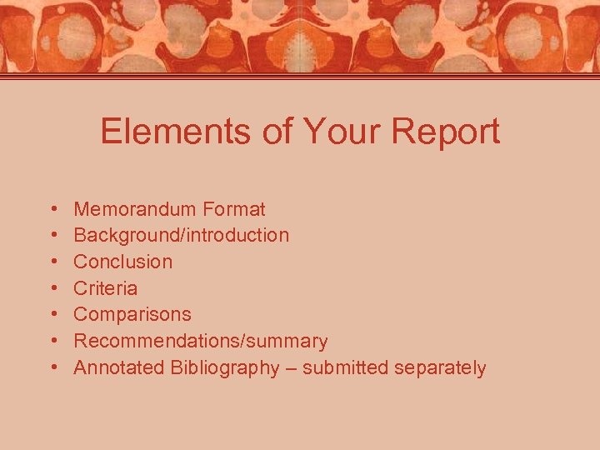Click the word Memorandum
(132, 208)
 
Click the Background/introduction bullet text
(182, 235)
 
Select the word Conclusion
(123, 262)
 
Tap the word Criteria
(106, 288)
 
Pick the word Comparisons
(132, 315)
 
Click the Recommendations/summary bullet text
(201, 342)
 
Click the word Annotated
(118, 368)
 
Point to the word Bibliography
(225, 368)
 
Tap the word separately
(440, 368)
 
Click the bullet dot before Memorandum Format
(52, 209)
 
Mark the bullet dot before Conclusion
(52, 262)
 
